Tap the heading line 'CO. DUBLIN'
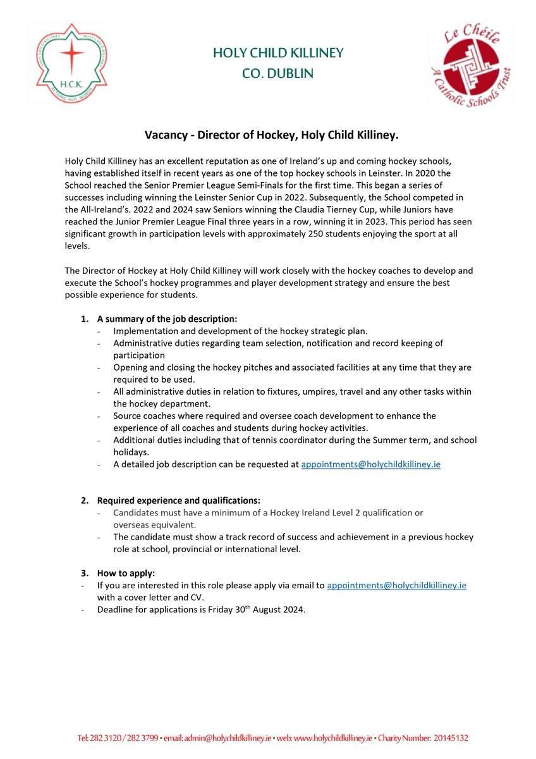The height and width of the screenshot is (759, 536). (277, 73)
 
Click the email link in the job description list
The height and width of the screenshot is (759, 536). (370, 464)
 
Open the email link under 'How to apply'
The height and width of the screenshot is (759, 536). (396, 586)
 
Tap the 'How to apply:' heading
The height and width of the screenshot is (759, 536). (125, 573)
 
